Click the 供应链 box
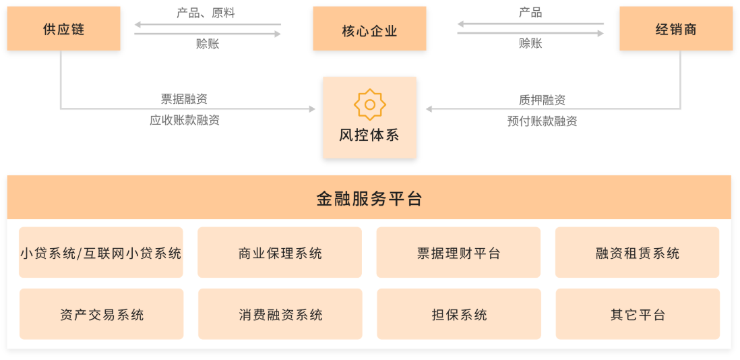click(x=63, y=29)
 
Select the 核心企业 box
click(x=369, y=29)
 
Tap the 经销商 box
click(x=676, y=29)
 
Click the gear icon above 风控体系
click(x=369, y=104)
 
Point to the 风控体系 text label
click(x=369, y=134)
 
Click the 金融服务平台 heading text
click(x=369, y=198)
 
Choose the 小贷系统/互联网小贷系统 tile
click(x=101, y=253)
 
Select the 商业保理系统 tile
click(x=280, y=253)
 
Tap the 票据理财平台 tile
click(x=458, y=253)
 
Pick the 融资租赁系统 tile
click(x=638, y=253)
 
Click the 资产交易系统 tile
click(x=101, y=314)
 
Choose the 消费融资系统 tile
click(x=280, y=314)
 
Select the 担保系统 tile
click(x=458, y=314)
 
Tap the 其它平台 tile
click(x=638, y=314)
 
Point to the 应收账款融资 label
click(x=184, y=121)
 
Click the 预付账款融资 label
click(x=542, y=121)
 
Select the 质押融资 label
click(x=542, y=100)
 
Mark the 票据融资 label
click(x=184, y=99)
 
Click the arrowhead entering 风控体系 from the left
click(x=312, y=109)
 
